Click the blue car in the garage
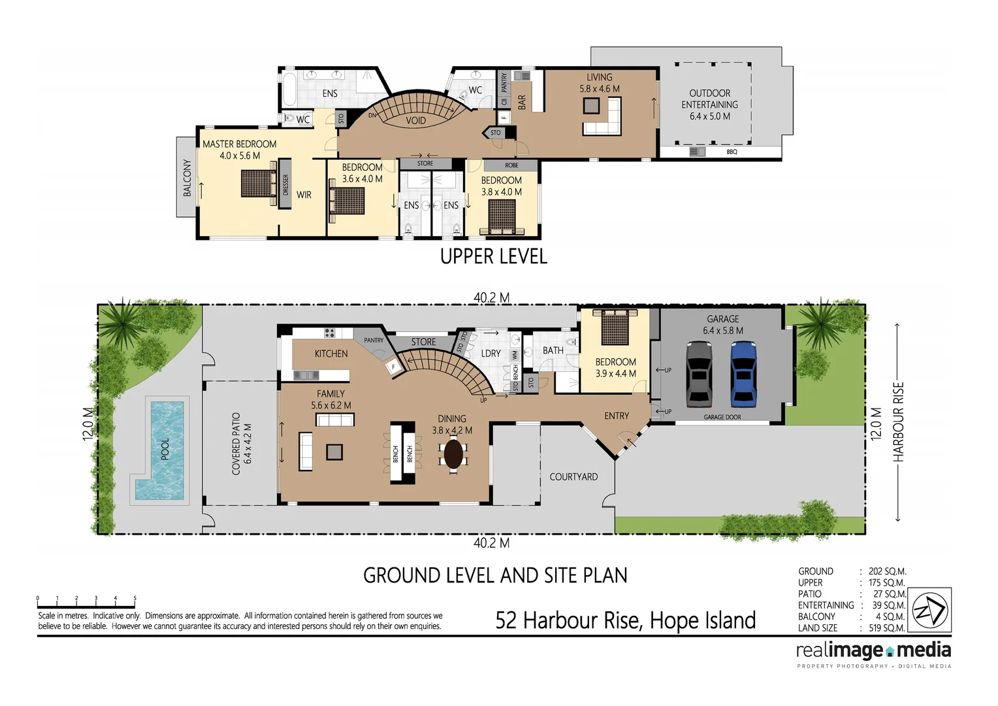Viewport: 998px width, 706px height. [x=743, y=374]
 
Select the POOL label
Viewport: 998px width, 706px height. [x=165, y=449]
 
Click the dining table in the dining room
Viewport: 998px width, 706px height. [x=453, y=453]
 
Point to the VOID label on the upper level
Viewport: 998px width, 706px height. [x=415, y=120]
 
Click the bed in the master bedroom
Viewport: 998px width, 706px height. [x=259, y=184]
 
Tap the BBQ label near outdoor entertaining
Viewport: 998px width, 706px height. [x=732, y=152]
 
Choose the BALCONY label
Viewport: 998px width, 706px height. [x=187, y=177]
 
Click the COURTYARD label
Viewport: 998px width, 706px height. [x=573, y=477]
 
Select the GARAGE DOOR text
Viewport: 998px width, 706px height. [x=722, y=417]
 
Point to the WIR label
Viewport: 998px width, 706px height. [x=304, y=195]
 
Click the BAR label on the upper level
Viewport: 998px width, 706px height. [x=522, y=102]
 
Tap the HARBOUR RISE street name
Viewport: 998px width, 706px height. [x=899, y=422]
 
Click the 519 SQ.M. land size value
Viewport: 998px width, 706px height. [x=886, y=628]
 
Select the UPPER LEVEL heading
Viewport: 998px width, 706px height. [x=494, y=256]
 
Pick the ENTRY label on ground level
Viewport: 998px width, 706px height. [x=617, y=416]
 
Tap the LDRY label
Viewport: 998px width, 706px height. [x=491, y=353]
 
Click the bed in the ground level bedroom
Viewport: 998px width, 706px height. [x=615, y=327]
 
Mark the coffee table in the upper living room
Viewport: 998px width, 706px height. [x=592, y=106]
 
